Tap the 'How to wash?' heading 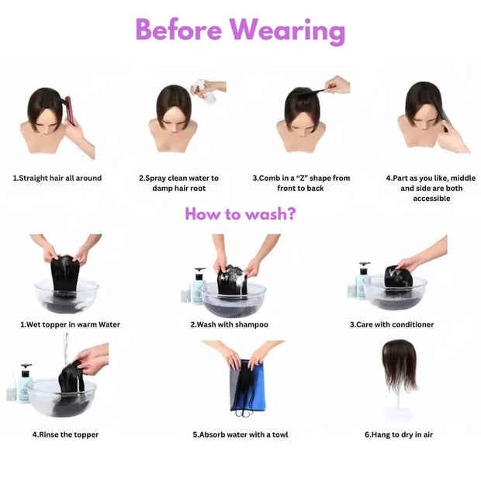[x=240, y=213]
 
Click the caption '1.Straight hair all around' [x=57, y=178]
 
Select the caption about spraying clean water [x=178, y=183]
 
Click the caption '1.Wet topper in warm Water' [x=70, y=324]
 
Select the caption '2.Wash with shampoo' [x=230, y=324]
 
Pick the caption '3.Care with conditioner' [x=391, y=324]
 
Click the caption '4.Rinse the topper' [x=65, y=434]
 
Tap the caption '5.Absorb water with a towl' [x=240, y=434]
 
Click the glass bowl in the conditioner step [x=396, y=291]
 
